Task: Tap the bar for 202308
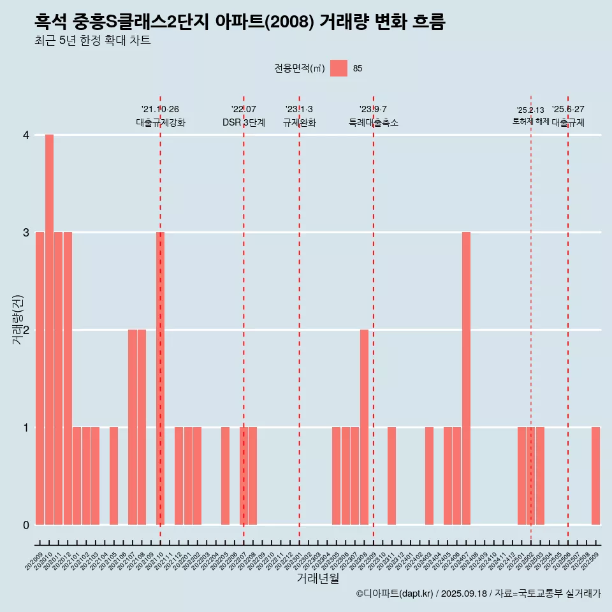tap(364, 427)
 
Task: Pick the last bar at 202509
tap(595, 476)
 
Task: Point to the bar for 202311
tap(391, 476)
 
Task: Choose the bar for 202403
tap(429, 476)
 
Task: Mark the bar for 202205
tap(225, 476)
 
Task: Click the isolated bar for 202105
tap(113, 476)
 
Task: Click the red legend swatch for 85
tap(339, 68)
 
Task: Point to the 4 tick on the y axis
tap(26, 135)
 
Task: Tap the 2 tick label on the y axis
tap(26, 330)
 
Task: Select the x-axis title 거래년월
tap(317, 578)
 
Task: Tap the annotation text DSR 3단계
tap(244, 122)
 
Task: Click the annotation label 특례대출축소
tap(373, 122)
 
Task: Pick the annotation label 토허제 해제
tap(530, 121)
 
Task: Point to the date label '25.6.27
tap(568, 110)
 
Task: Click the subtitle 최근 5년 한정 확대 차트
tap(93, 41)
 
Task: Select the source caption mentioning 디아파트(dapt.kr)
tap(478, 594)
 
